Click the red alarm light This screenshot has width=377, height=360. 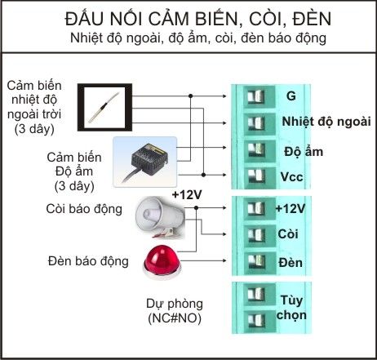(x=162, y=262)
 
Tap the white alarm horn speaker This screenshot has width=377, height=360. (x=161, y=217)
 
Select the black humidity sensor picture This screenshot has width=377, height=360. (x=145, y=162)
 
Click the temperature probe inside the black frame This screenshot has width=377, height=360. (x=104, y=107)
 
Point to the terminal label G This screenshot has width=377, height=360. (x=291, y=96)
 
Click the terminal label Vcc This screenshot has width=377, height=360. (x=291, y=177)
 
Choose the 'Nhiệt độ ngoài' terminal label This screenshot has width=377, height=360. (x=326, y=122)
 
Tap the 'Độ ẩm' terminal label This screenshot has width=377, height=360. (x=304, y=151)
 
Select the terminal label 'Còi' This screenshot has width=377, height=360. (x=288, y=234)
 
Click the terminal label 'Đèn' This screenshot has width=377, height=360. (x=291, y=263)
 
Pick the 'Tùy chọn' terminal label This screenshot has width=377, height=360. (x=291, y=308)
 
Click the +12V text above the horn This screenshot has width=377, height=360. (x=187, y=195)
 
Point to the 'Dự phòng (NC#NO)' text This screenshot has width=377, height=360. (x=175, y=311)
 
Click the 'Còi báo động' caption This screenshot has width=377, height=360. (x=84, y=209)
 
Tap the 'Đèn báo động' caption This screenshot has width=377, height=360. (x=88, y=261)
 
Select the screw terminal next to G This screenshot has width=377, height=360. (x=256, y=96)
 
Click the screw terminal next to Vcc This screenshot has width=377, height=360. (x=256, y=176)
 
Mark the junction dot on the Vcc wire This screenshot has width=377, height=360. (x=203, y=175)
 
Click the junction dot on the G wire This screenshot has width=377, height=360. (x=190, y=96)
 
